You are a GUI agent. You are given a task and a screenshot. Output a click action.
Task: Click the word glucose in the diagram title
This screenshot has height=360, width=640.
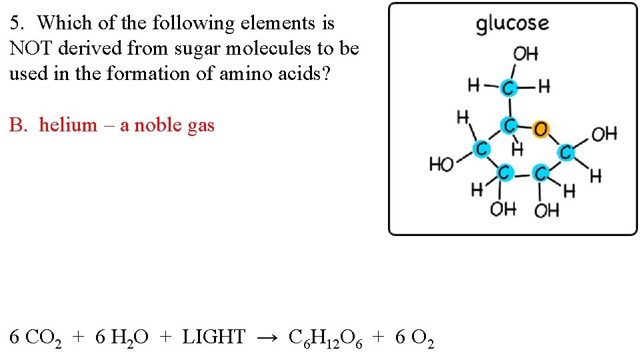click(x=512, y=24)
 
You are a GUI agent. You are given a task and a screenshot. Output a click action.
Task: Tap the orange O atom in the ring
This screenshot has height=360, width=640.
click(x=541, y=129)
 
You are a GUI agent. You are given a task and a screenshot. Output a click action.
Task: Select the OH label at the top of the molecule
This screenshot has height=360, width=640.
click(x=525, y=54)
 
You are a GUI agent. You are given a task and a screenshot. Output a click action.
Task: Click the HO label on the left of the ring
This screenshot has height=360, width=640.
click(x=441, y=163)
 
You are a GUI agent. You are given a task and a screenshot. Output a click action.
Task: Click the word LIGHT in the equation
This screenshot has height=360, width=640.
click(x=213, y=337)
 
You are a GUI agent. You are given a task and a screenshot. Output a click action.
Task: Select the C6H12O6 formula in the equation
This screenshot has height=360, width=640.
click(x=325, y=339)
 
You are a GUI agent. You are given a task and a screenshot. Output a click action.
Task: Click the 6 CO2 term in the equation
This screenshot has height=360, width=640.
click(x=36, y=339)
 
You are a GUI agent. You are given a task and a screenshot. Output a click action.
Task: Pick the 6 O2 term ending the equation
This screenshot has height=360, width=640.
click(x=415, y=339)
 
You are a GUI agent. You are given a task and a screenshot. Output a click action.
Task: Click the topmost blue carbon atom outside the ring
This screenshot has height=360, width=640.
click(x=509, y=87)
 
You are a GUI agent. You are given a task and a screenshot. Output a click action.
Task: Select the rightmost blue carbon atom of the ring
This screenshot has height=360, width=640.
click(x=565, y=153)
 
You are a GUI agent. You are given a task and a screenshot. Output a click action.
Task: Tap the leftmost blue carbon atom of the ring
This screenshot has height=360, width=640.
click(x=480, y=149)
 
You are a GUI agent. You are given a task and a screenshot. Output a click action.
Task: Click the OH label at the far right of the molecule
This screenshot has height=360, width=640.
click(x=604, y=134)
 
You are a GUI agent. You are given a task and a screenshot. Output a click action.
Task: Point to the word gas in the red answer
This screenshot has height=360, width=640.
click(x=201, y=125)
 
